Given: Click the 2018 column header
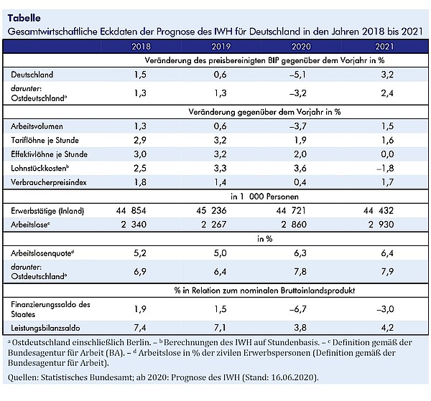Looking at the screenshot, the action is [141, 47].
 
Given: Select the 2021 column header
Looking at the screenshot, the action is [384, 47].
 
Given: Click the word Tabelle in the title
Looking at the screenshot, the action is [24, 18].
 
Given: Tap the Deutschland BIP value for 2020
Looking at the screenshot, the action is [297, 75].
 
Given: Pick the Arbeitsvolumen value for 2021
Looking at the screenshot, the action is [387, 126].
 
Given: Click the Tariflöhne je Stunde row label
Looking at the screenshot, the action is [45, 141].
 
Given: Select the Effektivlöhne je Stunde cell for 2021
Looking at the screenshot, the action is [387, 154].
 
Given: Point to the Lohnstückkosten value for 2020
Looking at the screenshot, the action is [300, 169].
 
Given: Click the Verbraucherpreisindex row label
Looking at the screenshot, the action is [49, 182].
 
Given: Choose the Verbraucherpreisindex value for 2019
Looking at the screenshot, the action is [221, 182].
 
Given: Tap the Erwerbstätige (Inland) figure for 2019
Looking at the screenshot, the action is [211, 210].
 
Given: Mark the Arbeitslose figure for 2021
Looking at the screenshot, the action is [381, 225].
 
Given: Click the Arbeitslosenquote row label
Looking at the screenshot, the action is [42, 253].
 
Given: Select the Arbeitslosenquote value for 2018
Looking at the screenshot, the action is [140, 253].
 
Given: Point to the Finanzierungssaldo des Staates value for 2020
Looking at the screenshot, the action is [297, 309].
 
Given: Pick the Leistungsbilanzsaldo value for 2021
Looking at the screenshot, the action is [387, 327].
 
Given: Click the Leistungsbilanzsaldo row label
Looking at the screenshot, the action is [45, 328].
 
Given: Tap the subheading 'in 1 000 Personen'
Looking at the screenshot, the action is [264, 197].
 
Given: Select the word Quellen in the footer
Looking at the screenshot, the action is [23, 377].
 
